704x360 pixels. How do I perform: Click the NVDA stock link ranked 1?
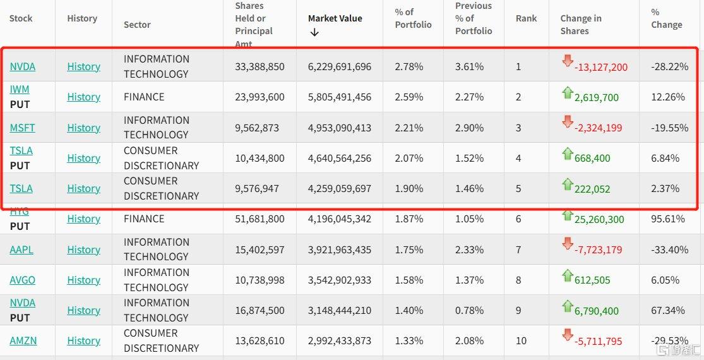22,66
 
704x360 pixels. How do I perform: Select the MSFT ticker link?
22,128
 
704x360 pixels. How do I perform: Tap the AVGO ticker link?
22,280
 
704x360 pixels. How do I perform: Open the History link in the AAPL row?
83,249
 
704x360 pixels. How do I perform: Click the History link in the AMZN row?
83,340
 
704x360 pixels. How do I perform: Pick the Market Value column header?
335,18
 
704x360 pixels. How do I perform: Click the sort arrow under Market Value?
314,32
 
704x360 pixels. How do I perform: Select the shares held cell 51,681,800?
260,219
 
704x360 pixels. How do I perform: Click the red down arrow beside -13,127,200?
567,61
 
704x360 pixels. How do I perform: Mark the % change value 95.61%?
668,219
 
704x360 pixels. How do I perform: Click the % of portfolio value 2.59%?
409,97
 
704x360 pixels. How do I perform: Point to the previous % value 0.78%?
469,310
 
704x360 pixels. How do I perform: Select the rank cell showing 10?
521,340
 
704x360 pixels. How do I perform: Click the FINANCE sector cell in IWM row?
144,97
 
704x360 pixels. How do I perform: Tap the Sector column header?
137,25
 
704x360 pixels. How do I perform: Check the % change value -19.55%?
669,128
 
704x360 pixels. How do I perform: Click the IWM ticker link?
20,89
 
